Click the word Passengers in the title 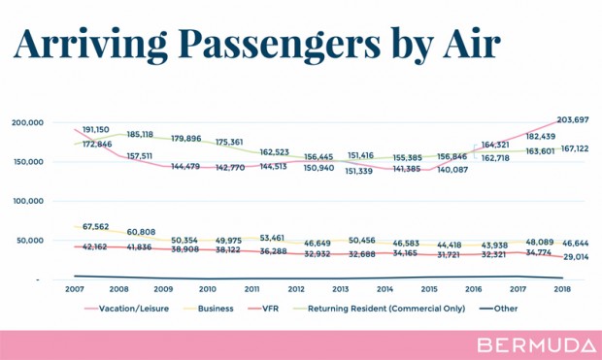[279, 45]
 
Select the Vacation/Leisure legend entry [126, 309]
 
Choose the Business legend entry [209, 309]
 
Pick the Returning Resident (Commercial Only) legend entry [379, 309]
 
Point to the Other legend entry [498, 309]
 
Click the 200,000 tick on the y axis [27, 123]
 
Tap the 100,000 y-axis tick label [28, 201]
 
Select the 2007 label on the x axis [75, 289]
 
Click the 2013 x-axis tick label [341, 289]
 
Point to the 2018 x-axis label [562, 289]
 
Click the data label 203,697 [573, 120]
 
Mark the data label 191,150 [96, 130]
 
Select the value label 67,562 [95, 227]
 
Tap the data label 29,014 [576, 257]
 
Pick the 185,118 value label [140, 135]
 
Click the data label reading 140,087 [452, 170]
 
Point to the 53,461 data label [272, 238]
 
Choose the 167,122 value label [575, 148]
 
